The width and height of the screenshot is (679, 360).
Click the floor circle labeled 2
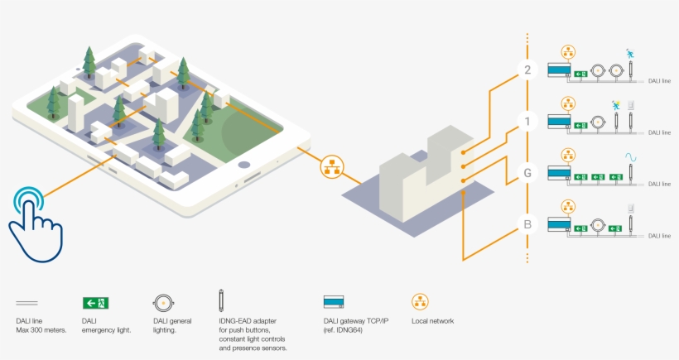tap(527, 70)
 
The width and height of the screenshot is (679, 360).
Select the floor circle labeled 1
tap(527, 122)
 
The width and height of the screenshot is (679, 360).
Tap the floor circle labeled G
tap(527, 173)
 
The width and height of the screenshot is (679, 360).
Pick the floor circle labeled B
tap(527, 224)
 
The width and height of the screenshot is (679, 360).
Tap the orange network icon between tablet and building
tap(332, 166)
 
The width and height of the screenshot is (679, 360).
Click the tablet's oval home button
tap(244, 165)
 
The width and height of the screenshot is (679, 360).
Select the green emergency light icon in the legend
tap(96, 303)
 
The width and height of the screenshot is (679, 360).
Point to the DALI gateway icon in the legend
tap(334, 301)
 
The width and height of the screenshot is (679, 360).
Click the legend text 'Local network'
tap(432, 321)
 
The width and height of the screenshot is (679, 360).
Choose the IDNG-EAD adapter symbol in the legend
tap(221, 300)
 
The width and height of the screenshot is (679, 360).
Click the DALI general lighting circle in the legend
tap(163, 303)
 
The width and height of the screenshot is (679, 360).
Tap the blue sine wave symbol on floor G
tap(630, 156)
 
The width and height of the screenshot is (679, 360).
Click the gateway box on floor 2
tap(559, 70)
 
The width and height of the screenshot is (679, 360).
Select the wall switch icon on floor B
tap(631, 208)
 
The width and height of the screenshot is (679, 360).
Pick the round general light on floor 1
tap(598, 122)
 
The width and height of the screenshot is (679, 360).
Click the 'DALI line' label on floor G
tap(659, 184)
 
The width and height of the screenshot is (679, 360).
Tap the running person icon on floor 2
tap(630, 54)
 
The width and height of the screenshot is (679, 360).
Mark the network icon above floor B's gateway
tap(568, 207)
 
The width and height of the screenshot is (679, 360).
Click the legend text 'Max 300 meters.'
tap(41, 330)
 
